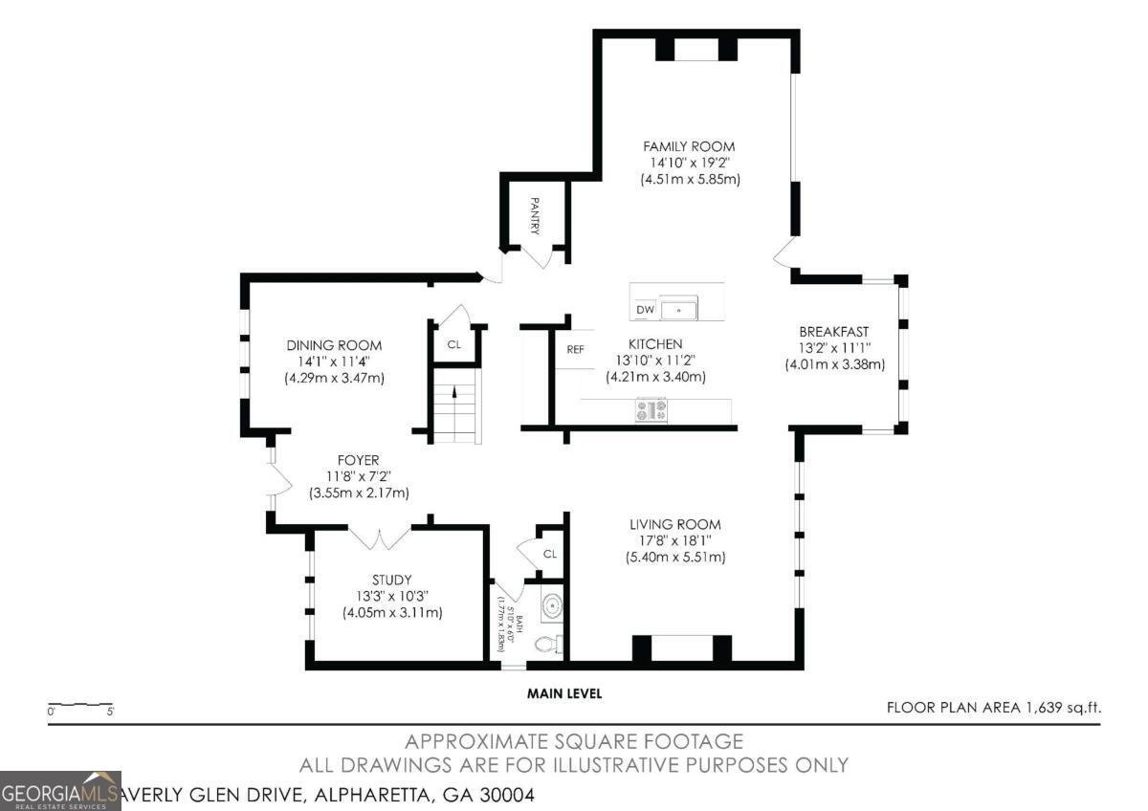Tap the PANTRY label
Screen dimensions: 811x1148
coord(536,216)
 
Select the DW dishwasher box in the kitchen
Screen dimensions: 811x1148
coord(645,310)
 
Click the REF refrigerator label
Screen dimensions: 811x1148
coord(575,349)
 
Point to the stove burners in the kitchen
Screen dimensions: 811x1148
coord(651,410)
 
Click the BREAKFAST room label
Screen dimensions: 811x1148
coord(834,331)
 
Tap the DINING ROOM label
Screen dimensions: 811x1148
coord(334,345)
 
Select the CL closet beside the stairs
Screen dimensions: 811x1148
coord(454,343)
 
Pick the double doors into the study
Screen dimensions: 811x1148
coord(380,537)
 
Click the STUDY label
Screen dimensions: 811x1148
coord(391,580)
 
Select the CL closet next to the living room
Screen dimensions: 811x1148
coord(549,554)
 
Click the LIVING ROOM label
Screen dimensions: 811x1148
coord(674,524)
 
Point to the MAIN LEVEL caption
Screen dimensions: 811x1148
coord(564,693)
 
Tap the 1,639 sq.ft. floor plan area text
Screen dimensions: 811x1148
coord(994,708)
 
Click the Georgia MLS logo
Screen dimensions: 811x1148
coord(60,791)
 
